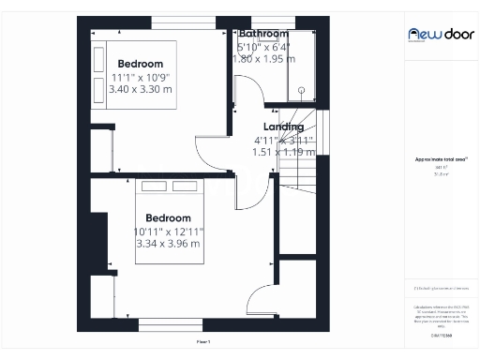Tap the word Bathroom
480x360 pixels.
(262, 34)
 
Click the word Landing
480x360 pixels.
(283, 127)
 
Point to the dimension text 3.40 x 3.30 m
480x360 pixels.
(142, 90)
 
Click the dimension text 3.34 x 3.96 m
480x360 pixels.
(168, 244)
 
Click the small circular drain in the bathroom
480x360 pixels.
(302, 90)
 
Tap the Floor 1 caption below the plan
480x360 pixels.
(203, 343)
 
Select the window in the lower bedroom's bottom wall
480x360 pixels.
(172, 326)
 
